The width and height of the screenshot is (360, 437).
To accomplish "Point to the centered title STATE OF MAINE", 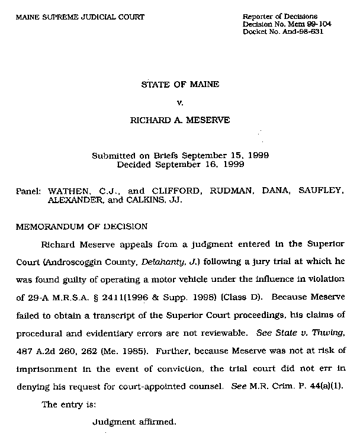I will [x=180, y=84].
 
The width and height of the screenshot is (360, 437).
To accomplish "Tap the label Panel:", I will [x=28, y=192].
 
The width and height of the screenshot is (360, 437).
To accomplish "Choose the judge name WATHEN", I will [x=67, y=192].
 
